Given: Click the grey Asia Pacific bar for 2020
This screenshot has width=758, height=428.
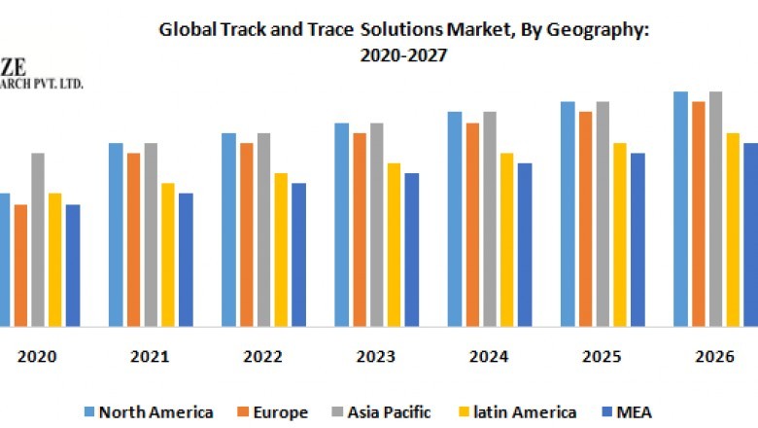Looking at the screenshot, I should click(38, 239).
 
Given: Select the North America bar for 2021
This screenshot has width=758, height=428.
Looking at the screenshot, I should click(116, 234).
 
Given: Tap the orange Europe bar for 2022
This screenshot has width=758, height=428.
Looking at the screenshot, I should click(247, 234).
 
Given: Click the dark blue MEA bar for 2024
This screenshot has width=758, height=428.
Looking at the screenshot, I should click(525, 244).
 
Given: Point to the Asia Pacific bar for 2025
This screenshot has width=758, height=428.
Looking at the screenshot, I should click(603, 213).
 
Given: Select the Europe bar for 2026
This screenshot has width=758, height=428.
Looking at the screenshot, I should click(698, 213).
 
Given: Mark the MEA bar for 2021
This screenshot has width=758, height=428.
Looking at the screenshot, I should click(186, 259).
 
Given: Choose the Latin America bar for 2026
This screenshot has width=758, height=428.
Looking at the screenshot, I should click(734, 229).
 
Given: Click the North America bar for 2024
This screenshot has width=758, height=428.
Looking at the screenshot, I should click(455, 219).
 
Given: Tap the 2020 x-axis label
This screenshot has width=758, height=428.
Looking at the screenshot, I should click(37, 357).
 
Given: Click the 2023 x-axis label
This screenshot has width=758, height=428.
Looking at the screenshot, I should click(375, 357).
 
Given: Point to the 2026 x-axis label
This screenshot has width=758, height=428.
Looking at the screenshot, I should click(714, 357).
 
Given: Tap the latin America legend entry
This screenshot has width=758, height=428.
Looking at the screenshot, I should click(519, 412).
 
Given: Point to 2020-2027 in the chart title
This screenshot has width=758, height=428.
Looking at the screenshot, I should click(404, 55).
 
